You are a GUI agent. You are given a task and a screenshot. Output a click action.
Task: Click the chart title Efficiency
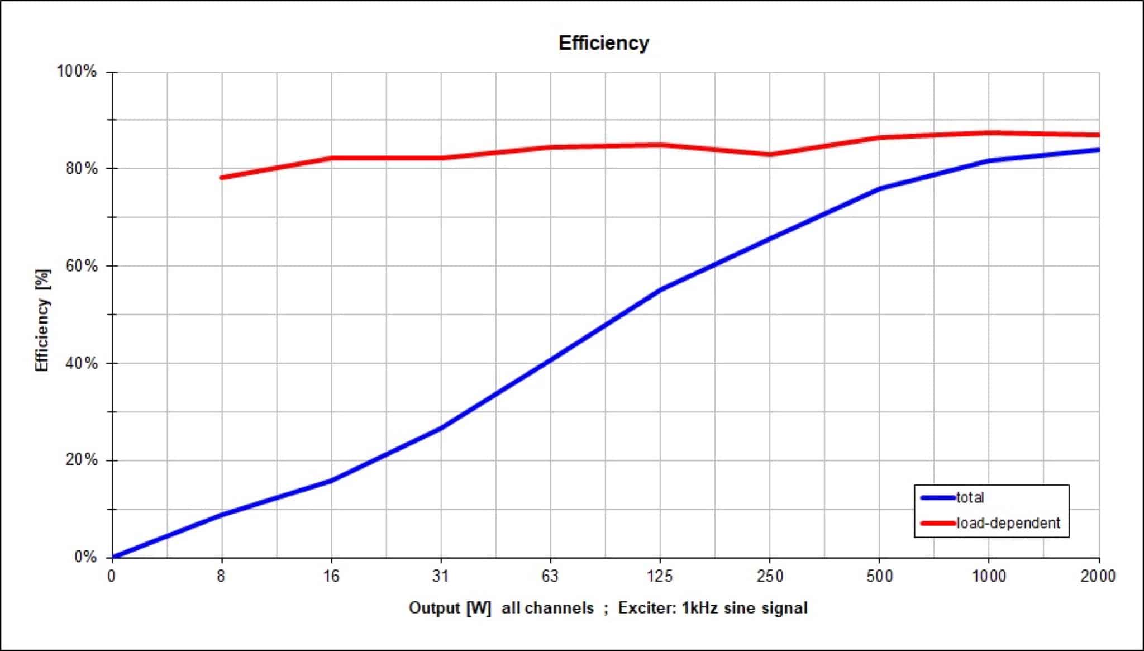pos(603,43)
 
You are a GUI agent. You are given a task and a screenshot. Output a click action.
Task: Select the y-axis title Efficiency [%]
pos(42,320)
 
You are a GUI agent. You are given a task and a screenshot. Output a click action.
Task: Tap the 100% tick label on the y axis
pos(77,72)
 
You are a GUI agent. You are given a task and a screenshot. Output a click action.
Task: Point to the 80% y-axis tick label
pos(81,168)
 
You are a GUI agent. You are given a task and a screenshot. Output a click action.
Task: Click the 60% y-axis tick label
pos(81,265)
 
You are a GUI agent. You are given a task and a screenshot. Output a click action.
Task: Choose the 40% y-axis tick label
pos(81,363)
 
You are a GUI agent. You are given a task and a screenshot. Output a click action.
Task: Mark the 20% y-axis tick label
pos(81,460)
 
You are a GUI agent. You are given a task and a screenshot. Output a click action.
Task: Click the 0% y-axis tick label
pos(85,557)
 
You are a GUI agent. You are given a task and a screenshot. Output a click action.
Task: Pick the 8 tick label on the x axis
pos(221,576)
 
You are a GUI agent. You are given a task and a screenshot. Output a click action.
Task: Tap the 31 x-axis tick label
pos(441,576)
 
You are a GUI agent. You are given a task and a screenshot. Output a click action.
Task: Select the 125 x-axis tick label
pos(660,576)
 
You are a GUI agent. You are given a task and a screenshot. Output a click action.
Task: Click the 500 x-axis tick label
pos(879,576)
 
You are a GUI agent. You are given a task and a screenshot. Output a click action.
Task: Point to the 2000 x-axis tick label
pos(1098,576)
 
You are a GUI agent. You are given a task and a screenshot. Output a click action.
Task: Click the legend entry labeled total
pos(970,497)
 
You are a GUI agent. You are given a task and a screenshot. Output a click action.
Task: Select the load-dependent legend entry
pos(1008,523)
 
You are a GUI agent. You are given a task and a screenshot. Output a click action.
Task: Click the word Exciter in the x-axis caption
pos(645,608)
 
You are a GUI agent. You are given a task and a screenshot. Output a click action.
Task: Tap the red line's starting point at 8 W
pos(222,178)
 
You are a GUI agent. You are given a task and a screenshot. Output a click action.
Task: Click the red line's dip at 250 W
pos(770,155)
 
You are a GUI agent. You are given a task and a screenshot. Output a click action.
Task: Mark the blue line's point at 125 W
pos(660,289)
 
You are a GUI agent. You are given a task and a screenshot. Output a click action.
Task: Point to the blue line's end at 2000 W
pos(1098,150)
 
